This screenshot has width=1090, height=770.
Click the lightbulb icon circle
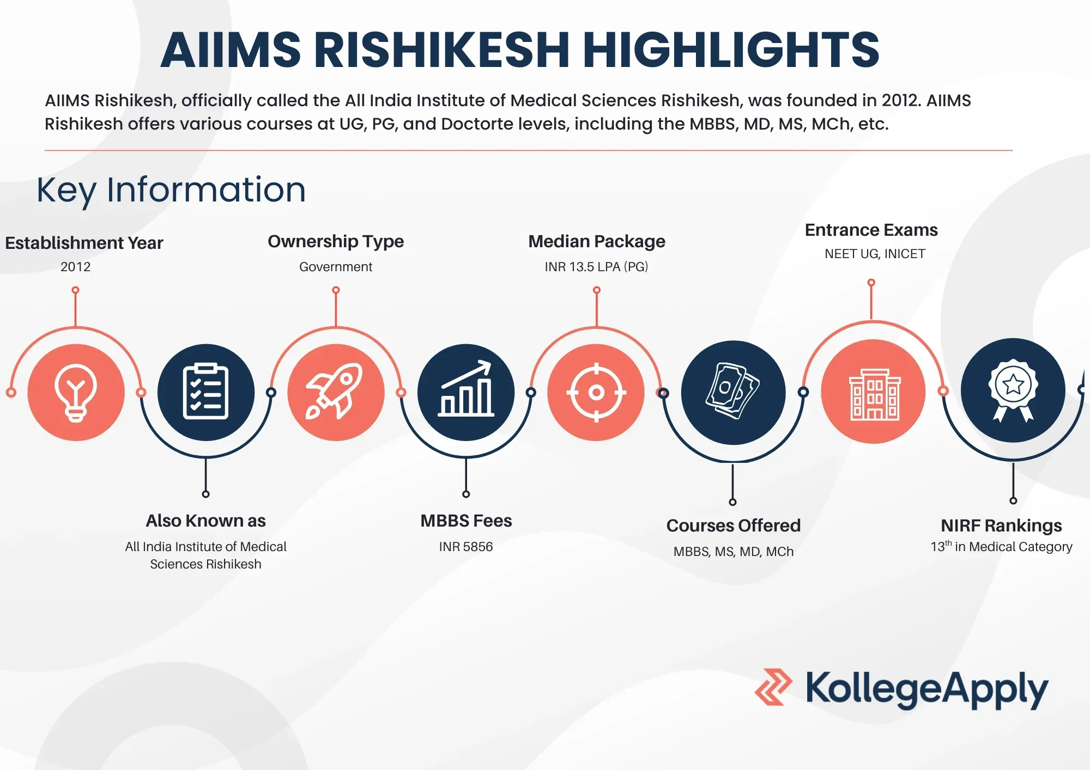click(x=76, y=392)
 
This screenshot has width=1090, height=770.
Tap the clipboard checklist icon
click(x=205, y=392)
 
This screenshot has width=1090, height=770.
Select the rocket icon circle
click(x=336, y=392)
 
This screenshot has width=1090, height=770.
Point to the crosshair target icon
click(x=596, y=392)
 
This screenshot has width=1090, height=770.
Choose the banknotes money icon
click(x=733, y=391)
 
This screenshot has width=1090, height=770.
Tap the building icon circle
click(x=873, y=392)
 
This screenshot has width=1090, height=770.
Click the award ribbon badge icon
click(x=1013, y=390)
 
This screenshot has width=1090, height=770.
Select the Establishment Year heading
click(x=84, y=243)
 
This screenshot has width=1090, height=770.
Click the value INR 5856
click(x=466, y=547)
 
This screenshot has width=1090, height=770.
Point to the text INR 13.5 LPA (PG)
click(x=596, y=267)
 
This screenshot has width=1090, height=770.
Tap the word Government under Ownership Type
click(x=336, y=267)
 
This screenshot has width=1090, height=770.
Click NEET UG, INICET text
click(x=875, y=254)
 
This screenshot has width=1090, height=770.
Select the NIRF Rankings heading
click(x=1001, y=525)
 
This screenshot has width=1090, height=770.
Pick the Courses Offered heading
click(x=734, y=525)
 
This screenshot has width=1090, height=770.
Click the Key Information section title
click(x=171, y=191)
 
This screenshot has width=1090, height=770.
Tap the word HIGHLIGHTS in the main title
click(x=731, y=50)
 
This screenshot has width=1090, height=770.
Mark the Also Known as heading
click(x=205, y=521)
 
